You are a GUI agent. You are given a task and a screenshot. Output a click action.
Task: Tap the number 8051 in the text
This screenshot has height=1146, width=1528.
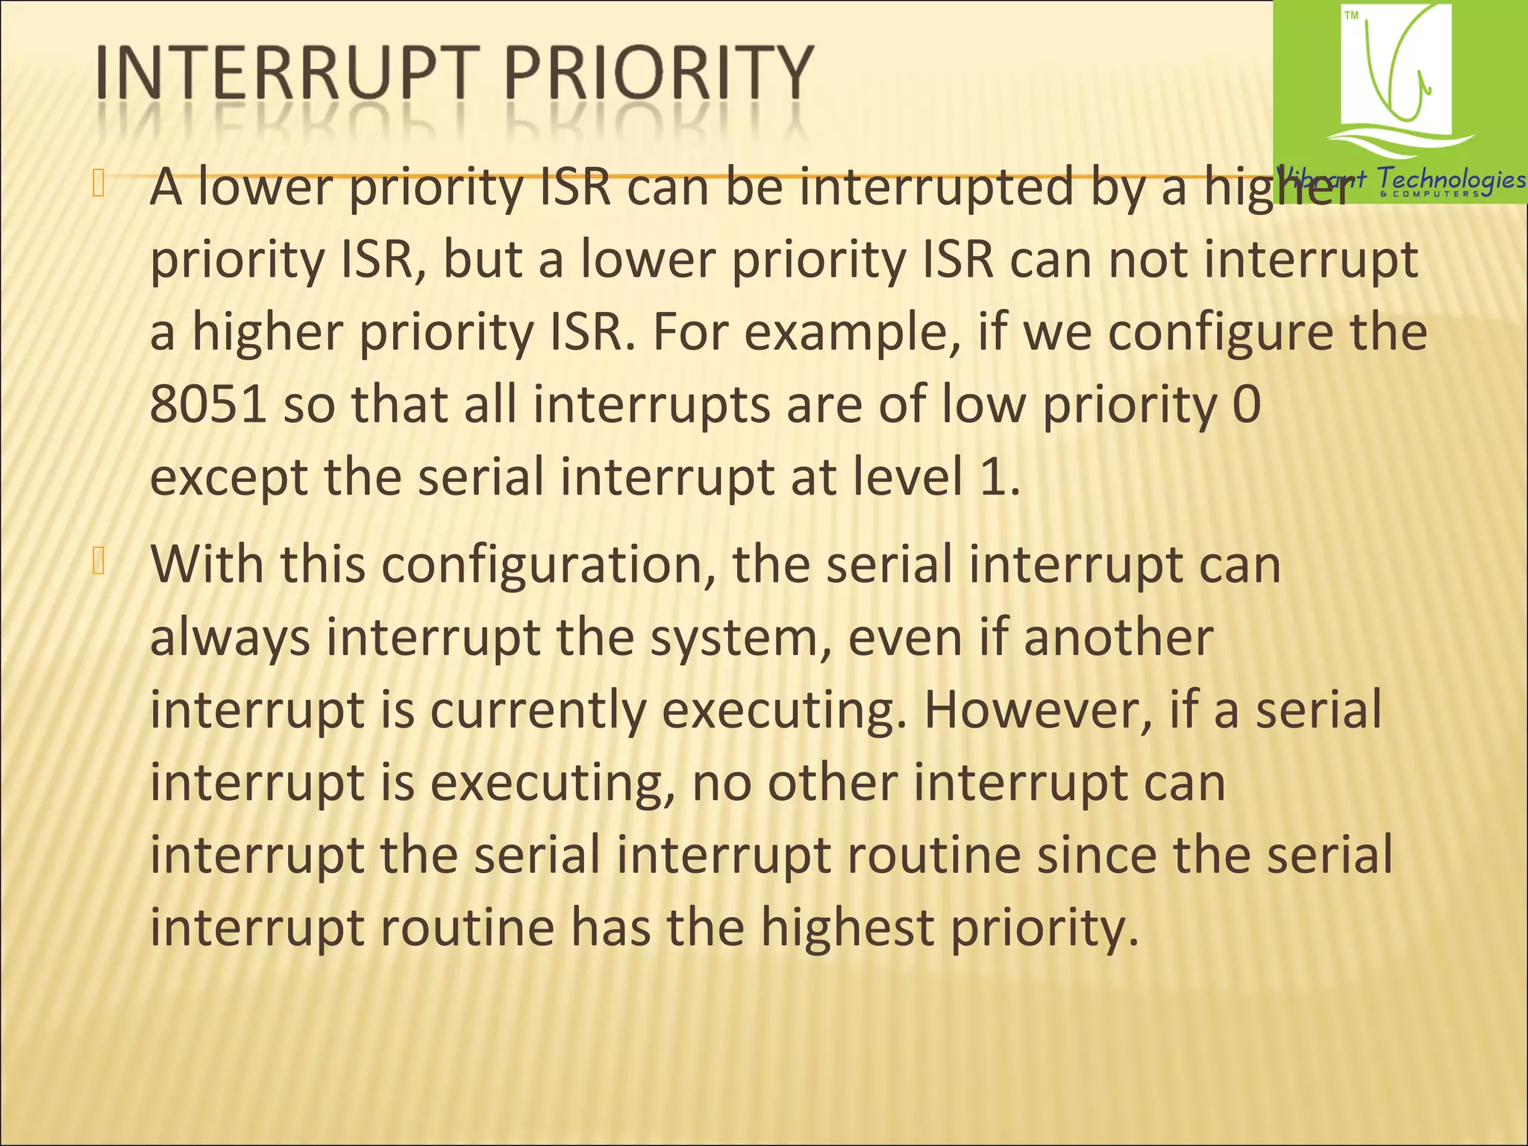[x=208, y=404]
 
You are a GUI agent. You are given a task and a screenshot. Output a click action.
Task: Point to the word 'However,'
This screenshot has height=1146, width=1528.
[x=1038, y=710]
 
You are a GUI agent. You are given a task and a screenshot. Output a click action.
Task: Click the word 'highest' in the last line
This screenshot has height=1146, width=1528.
[x=847, y=927]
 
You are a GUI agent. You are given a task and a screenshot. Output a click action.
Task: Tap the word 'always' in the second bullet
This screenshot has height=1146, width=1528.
[x=230, y=639]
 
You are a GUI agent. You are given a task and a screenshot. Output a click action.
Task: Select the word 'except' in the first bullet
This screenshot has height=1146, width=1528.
[x=228, y=478]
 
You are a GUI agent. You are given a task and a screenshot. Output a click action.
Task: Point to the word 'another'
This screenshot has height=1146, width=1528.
[x=1118, y=639]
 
